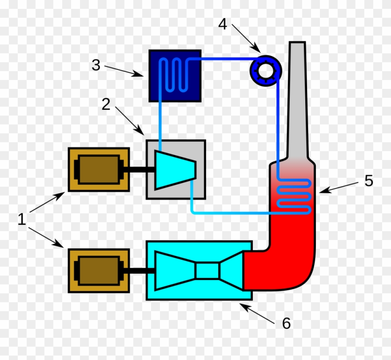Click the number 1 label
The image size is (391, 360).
point(21,219)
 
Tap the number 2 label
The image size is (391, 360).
point(106,104)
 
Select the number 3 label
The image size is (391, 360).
point(96,65)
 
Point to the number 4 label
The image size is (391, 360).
point(223,24)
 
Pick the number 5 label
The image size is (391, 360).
point(369,180)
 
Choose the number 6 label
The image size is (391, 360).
point(286,324)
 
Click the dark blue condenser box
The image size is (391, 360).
point(175,76)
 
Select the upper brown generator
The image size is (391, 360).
point(98,169)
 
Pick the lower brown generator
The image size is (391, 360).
point(98,270)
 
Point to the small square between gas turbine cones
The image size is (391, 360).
point(207,270)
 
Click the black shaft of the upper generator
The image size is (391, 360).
point(139,169)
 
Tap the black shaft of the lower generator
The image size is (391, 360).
point(139,270)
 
